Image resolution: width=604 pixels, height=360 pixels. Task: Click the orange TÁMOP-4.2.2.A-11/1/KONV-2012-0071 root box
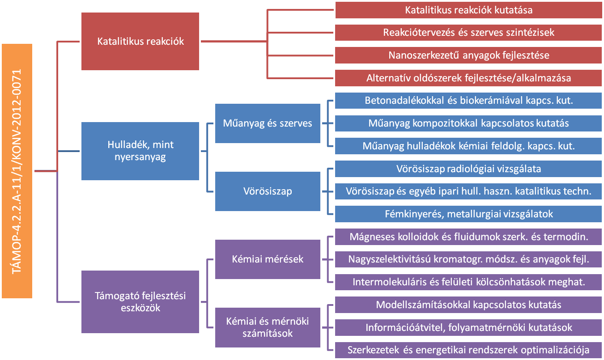(x=17, y=171)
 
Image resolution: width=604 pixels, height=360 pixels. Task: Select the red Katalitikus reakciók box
(x=140, y=41)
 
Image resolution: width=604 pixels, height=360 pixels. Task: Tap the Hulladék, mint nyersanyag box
(x=140, y=151)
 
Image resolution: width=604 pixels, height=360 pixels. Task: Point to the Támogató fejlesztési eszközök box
(x=140, y=301)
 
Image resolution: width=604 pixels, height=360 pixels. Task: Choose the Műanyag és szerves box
(x=268, y=123)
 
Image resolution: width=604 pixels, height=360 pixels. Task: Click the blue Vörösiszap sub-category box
(x=268, y=191)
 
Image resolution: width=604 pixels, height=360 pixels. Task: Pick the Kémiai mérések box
(x=268, y=259)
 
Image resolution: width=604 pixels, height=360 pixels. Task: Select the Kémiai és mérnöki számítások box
(x=268, y=327)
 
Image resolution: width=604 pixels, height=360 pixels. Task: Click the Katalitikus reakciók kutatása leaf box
(x=468, y=10)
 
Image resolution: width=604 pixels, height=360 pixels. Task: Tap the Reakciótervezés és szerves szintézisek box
(x=468, y=33)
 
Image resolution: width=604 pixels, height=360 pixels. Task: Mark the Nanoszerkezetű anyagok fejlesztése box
(x=468, y=55)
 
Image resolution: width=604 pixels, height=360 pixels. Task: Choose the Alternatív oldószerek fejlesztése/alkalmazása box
(x=468, y=78)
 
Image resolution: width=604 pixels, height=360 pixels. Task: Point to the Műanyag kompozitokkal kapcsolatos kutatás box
(x=468, y=123)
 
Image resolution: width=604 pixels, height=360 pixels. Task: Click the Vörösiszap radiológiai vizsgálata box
(x=468, y=169)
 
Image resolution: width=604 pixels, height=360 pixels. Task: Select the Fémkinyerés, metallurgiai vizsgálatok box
(x=468, y=214)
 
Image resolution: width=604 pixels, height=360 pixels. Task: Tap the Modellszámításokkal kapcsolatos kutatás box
(x=468, y=305)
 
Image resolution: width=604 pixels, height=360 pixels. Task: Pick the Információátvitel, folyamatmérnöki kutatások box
(x=468, y=327)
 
